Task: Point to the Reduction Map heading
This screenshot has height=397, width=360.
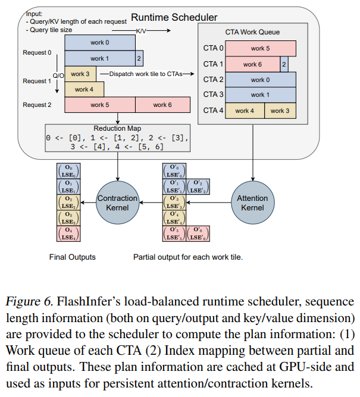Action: [118, 128]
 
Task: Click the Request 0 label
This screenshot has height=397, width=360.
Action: [37, 52]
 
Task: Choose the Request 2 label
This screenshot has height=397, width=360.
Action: [37, 105]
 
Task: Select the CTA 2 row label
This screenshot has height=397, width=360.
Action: [214, 80]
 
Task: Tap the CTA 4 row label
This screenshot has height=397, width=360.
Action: [214, 111]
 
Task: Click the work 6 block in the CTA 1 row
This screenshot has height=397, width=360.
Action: [252, 64]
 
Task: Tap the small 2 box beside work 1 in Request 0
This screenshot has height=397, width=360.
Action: [139, 58]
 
